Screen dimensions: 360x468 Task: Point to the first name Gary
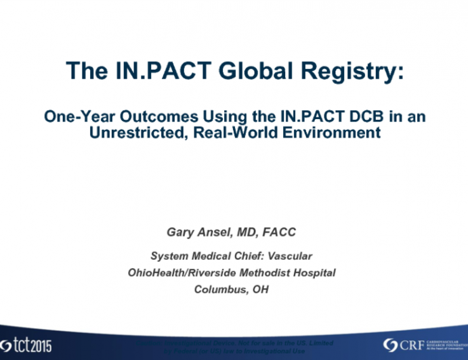180,232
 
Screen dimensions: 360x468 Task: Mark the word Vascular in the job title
293,256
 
